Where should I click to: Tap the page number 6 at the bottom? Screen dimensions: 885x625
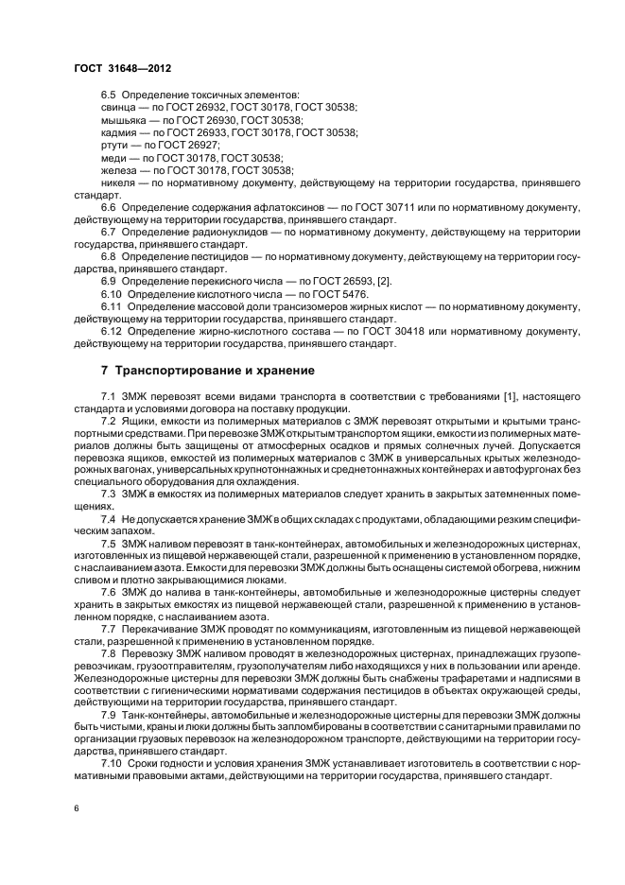(x=76, y=809)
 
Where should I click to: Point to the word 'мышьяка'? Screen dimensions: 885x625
(x=123, y=121)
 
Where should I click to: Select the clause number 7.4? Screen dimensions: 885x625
(x=108, y=520)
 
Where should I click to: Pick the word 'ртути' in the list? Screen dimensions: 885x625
(x=115, y=145)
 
